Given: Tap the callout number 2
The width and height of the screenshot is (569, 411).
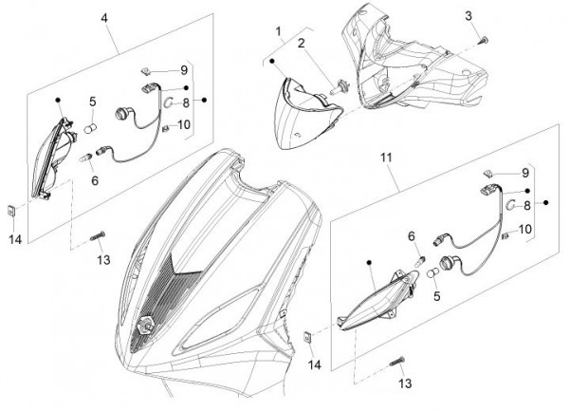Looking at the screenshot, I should pyautogui.click(x=300, y=43).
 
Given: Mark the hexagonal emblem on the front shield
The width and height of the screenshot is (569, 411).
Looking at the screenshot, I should pyautogui.click(x=147, y=323).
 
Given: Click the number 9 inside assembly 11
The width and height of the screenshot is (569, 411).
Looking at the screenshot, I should pyautogui.click(x=523, y=173).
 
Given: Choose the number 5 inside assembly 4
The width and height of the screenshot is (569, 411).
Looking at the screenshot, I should pyautogui.click(x=93, y=102).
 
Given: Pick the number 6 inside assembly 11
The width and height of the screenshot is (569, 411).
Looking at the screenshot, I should pyautogui.click(x=411, y=235).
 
